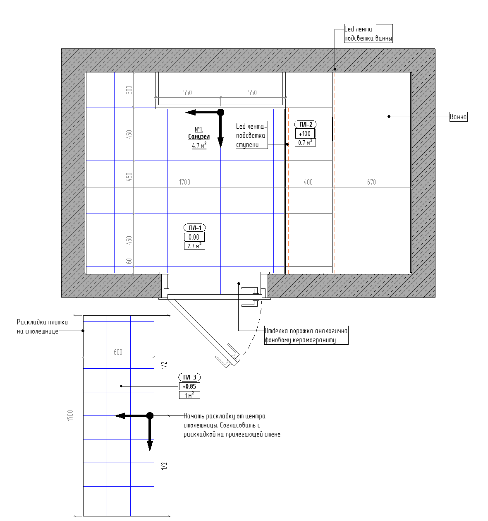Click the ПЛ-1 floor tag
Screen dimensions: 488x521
194,228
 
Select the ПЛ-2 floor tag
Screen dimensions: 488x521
305,124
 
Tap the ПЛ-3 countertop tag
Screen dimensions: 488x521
189,377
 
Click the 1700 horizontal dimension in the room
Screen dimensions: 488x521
184,182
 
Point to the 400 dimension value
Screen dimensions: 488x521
308,182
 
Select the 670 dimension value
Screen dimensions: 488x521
371,182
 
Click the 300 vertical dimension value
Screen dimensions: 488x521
129,90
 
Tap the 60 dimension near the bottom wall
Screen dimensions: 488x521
129,261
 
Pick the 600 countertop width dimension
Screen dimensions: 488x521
118,352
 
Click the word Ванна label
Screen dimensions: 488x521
458,117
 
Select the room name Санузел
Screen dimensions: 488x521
199,137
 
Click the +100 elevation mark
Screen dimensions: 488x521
305,134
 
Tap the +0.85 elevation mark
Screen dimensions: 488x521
189,387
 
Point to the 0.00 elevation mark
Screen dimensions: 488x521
194,237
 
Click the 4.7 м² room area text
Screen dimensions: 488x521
199,145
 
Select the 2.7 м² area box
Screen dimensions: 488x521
194,246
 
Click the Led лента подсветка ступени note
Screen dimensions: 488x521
251,135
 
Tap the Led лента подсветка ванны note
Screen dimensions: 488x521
368,34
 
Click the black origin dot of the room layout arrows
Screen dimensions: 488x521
220,113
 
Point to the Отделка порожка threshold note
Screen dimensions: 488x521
306,335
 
